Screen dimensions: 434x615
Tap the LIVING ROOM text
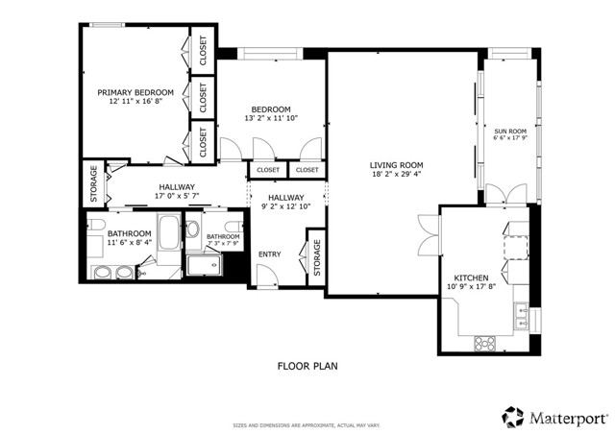397,165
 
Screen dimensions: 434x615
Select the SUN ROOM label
510,130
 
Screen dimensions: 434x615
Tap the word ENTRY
270,253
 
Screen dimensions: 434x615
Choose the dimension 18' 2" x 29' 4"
397,176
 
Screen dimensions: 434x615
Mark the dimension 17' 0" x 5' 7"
175,197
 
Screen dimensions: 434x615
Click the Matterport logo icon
512,416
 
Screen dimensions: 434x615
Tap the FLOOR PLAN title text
307,366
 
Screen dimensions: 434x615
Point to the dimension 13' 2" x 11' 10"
271,118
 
